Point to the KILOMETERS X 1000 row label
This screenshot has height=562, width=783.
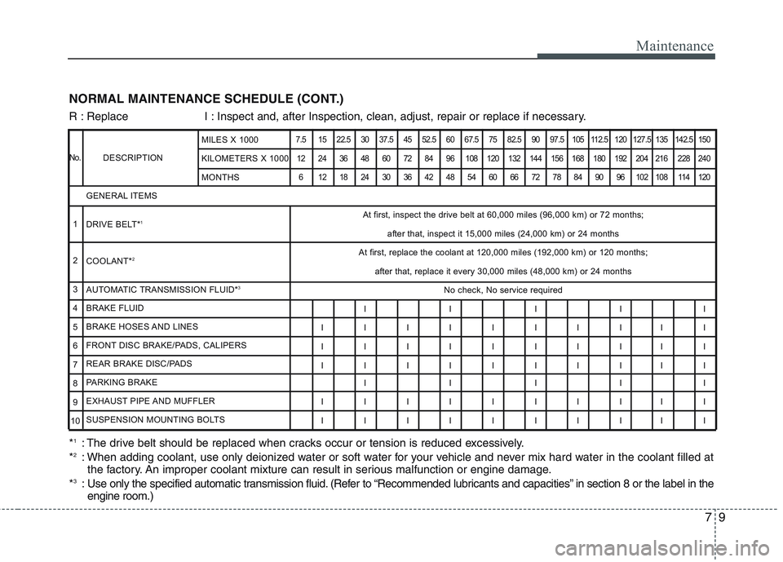(x=244, y=158)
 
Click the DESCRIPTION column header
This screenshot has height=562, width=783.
(x=132, y=157)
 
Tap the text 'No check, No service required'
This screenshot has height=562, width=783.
(x=502, y=290)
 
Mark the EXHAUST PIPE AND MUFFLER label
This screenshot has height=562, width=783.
(x=150, y=400)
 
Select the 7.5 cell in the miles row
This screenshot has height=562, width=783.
(x=302, y=139)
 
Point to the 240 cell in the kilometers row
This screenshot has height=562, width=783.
(x=704, y=158)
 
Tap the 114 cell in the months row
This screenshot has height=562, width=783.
(x=683, y=177)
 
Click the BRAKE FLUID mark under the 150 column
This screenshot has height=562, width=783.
(x=704, y=309)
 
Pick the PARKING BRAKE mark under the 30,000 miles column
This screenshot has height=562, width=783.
(x=365, y=383)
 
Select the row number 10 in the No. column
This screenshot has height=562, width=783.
(x=74, y=420)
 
